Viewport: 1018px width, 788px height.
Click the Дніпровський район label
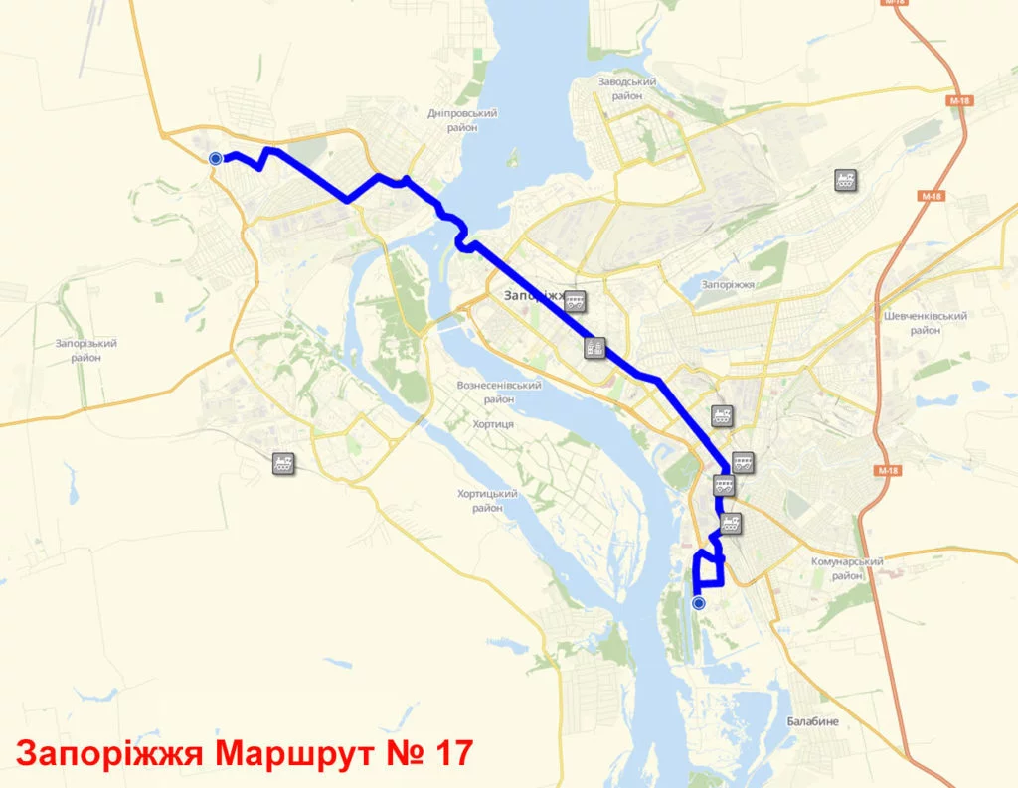coord(462,120)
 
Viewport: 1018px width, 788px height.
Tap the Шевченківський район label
coord(925,322)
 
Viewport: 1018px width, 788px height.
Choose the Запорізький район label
coord(86,350)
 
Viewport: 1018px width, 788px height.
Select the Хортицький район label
coord(488,500)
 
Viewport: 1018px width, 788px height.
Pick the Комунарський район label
coord(847,568)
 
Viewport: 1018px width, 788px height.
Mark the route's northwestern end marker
coord(216,158)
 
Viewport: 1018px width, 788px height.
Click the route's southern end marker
coord(698,603)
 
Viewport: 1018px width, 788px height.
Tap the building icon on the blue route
coord(594,347)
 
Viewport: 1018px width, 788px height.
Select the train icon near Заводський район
coord(846,180)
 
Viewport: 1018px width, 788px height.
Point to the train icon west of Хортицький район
coord(284,462)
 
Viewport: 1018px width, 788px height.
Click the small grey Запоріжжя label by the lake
coord(728,285)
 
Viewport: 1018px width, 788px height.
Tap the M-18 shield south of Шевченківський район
coord(888,469)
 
